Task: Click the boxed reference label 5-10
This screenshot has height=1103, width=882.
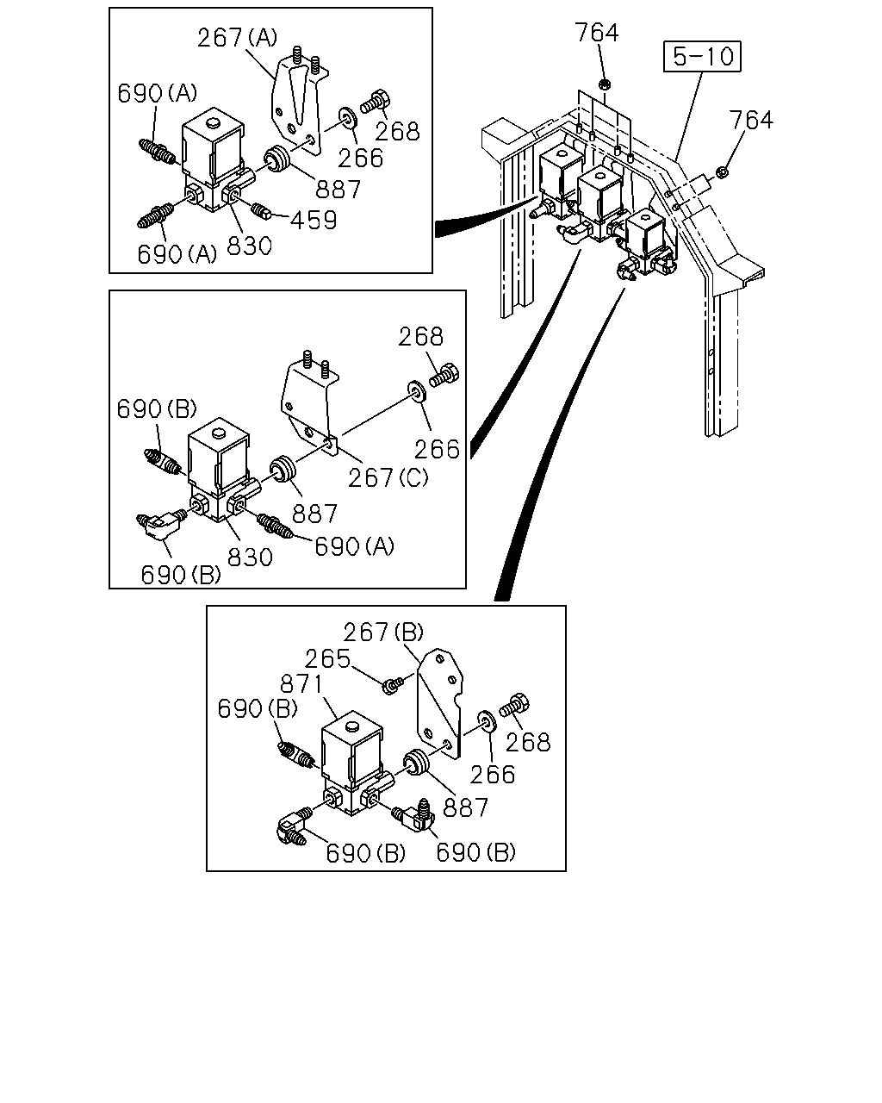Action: (702, 56)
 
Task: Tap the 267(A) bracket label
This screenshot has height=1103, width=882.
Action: (237, 38)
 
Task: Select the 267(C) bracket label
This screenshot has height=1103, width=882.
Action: (388, 477)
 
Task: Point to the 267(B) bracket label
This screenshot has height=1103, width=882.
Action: (383, 632)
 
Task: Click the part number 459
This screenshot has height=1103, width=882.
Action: (314, 221)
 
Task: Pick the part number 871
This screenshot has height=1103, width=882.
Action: (301, 683)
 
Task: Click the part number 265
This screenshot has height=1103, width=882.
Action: (327, 659)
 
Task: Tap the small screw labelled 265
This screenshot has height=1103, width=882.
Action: (393, 684)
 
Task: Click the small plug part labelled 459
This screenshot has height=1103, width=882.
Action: (261, 210)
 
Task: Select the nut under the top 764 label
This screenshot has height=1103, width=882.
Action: (605, 84)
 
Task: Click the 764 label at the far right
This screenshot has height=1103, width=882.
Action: (751, 120)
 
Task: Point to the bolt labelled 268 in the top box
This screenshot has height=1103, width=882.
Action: (376, 101)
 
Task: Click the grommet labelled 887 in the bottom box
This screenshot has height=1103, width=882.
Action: (417, 762)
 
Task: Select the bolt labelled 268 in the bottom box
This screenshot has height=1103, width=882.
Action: (514, 705)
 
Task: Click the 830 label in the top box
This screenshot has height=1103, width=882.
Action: (249, 246)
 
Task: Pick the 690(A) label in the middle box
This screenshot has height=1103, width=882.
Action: (354, 547)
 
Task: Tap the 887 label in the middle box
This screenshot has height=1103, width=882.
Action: (314, 514)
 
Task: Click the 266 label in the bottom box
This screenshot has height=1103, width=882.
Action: (493, 775)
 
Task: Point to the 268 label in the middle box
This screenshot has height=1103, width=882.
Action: (420, 337)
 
